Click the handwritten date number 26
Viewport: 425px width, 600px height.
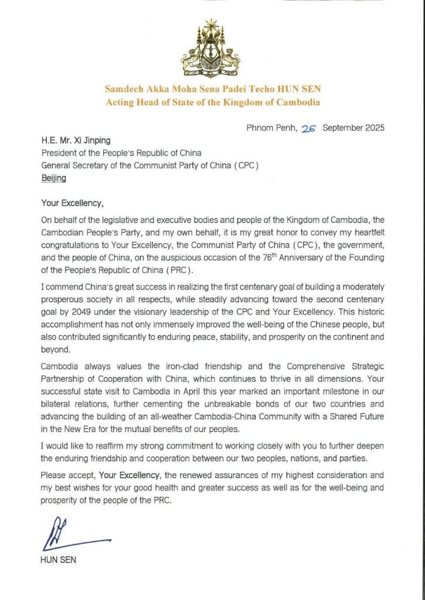point(308,129)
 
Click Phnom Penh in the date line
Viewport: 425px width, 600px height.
point(268,129)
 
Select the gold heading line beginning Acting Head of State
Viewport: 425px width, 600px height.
point(212,103)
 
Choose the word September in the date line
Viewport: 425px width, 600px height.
point(339,129)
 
